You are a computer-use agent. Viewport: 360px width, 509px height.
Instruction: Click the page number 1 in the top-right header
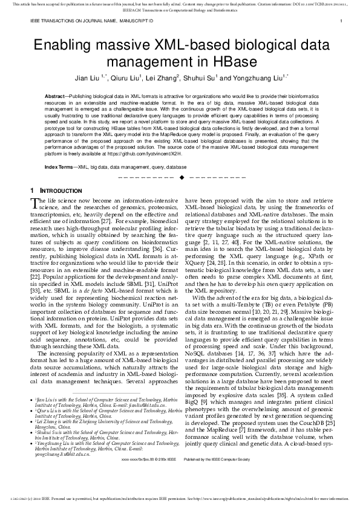coord(341,21)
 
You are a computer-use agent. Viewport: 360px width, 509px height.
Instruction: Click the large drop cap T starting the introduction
coord(34,204)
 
